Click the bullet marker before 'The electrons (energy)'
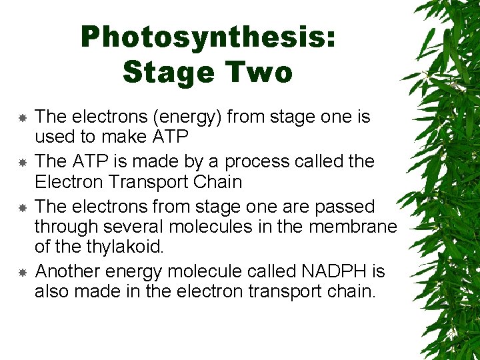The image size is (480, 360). tap(22, 117)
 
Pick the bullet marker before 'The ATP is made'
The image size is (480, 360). tap(22, 162)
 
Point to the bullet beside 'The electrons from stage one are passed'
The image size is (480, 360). tap(22, 207)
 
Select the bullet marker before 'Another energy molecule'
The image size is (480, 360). tap(22, 272)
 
